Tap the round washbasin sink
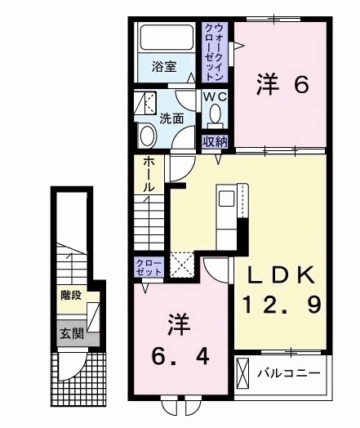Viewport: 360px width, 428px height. click(148, 135)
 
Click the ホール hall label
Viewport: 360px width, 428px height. click(149, 175)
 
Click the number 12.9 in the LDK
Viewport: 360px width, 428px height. click(280, 307)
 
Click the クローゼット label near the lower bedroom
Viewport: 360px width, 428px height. click(149, 266)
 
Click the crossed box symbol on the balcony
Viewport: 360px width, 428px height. click(243, 375)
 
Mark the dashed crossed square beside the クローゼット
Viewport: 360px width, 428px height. click(181, 266)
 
